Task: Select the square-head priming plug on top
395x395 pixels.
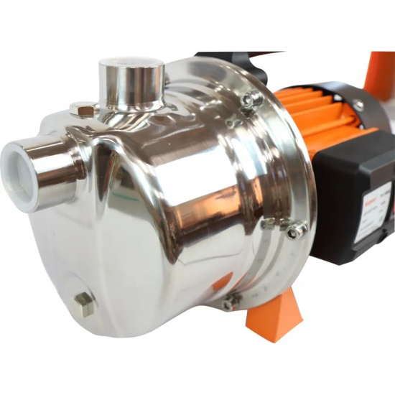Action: pyautogui.click(x=85, y=109)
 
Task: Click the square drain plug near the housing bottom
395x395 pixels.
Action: pyautogui.click(x=84, y=304)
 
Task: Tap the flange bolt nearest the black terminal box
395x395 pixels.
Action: pyautogui.click(x=295, y=230)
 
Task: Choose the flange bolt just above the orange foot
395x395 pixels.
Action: pyautogui.click(x=232, y=302)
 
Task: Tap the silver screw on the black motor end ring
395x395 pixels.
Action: pyautogui.click(x=357, y=105)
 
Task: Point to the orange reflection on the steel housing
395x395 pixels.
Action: pyautogui.click(x=222, y=281)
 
